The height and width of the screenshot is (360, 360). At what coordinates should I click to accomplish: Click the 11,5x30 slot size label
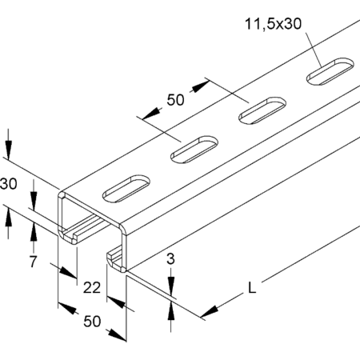[x=273, y=24]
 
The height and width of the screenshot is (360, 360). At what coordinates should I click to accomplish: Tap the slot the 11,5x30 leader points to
[x=330, y=71]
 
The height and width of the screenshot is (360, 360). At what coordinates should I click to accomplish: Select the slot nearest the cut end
[x=126, y=189]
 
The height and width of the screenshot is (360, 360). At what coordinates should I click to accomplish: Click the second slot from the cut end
[x=194, y=150]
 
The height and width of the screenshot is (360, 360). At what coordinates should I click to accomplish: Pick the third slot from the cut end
[x=262, y=110]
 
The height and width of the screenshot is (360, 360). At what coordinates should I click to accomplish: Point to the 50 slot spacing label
[x=175, y=100]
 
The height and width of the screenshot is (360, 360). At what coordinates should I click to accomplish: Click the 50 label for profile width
[x=92, y=322]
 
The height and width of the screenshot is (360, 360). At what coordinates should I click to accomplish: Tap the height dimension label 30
[x=8, y=184]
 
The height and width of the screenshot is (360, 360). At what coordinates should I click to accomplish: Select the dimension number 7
[x=33, y=262]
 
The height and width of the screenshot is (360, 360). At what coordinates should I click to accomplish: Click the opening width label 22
[x=92, y=288]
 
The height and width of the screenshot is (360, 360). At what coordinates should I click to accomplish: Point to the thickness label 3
[x=170, y=259]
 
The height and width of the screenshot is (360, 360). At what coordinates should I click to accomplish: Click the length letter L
[x=252, y=288]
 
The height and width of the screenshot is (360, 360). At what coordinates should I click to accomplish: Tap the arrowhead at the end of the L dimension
[x=210, y=312]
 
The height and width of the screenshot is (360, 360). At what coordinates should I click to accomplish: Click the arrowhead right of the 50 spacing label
[x=201, y=86]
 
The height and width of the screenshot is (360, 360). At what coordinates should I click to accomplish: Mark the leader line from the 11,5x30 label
[x=313, y=50]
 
